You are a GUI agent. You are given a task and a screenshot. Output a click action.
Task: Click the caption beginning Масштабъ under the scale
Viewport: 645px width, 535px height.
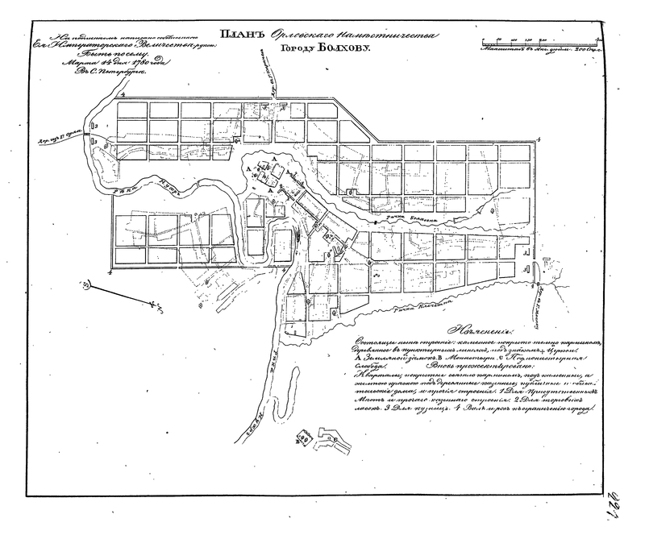(527, 50)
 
